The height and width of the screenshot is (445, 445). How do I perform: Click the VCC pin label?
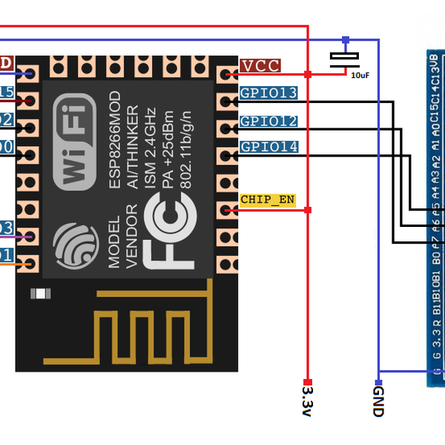point(260,66)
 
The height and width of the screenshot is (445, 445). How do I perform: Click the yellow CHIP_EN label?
point(267,200)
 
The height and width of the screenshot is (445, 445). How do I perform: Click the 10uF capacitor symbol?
point(343,59)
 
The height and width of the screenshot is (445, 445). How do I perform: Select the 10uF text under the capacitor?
point(360,75)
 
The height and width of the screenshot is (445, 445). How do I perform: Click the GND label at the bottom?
point(378,400)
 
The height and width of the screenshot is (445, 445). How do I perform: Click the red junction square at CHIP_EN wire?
point(308,211)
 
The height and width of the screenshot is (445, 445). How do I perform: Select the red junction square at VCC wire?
point(307,74)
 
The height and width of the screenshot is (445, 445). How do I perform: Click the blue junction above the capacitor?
point(344,39)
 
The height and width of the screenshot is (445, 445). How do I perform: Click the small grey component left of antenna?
point(39,294)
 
